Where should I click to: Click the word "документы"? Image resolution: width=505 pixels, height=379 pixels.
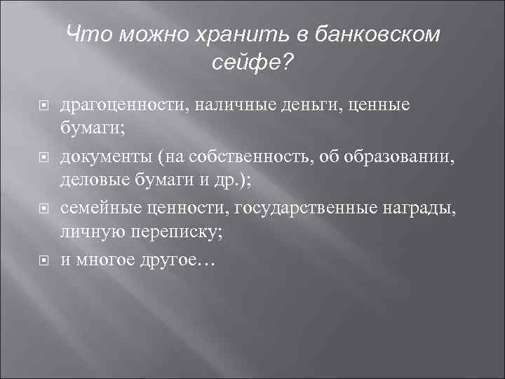click(x=105, y=156)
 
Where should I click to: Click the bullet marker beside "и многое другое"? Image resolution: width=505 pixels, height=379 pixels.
click(x=43, y=260)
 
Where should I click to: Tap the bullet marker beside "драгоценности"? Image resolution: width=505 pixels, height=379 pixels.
click(x=43, y=106)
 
